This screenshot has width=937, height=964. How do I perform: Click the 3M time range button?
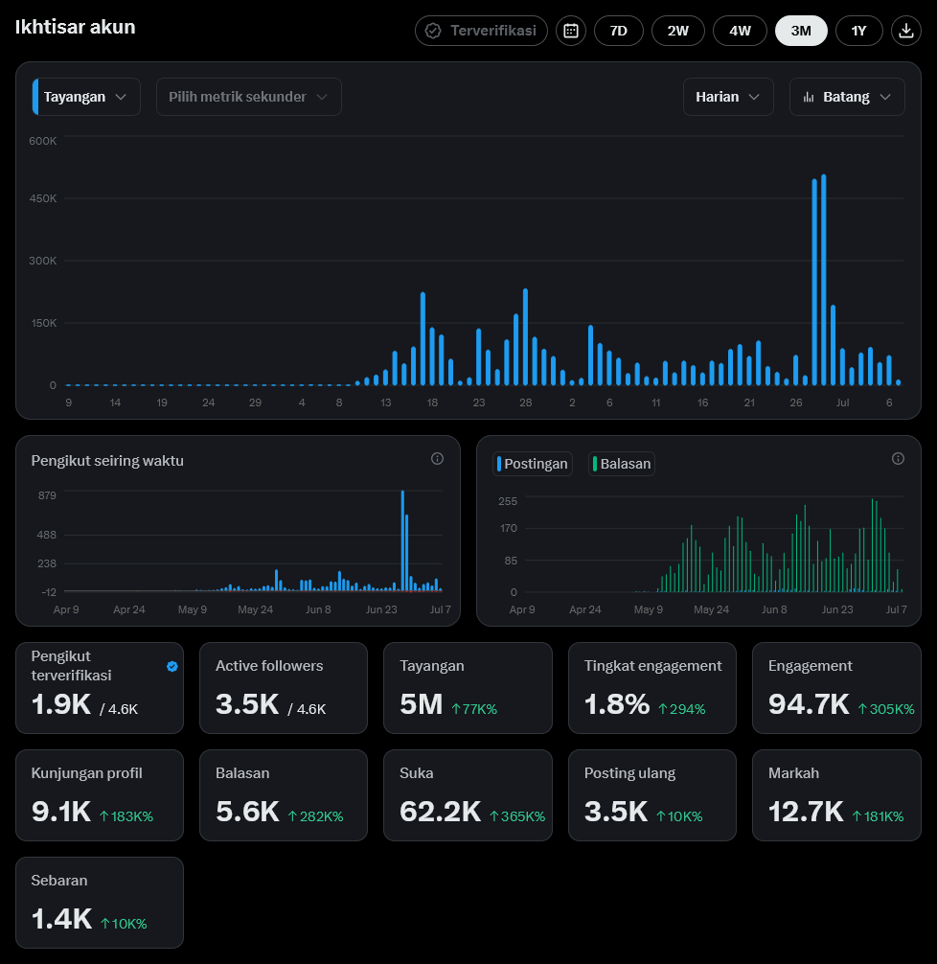coord(801,31)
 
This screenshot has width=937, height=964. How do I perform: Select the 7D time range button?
coord(619,31)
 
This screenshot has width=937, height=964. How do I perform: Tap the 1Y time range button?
coord(858,31)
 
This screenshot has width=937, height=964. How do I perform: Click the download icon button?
coord(905,31)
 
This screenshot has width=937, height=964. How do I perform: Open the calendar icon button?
coord(571,31)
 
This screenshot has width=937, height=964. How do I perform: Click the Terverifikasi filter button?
coord(481,31)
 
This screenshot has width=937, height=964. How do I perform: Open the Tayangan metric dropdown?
coord(86,97)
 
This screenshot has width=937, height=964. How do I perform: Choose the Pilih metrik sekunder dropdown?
coord(248,97)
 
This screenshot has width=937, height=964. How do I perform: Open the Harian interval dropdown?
coord(728,97)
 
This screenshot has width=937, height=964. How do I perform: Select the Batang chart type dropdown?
coord(847,97)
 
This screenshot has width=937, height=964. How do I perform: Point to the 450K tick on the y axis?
coord(42,198)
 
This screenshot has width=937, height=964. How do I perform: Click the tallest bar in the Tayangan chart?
coord(823,280)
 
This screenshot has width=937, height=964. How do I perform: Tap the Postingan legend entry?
coord(533,464)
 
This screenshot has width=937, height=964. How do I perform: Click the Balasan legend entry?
coord(622,464)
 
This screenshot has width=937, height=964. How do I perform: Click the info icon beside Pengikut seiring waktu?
coord(437,459)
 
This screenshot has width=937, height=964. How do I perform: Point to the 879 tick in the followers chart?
coord(47,495)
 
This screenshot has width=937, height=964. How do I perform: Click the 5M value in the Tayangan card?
coord(422,704)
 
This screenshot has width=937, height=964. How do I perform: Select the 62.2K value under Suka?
coord(440,812)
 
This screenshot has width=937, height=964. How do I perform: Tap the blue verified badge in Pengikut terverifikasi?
coord(172,666)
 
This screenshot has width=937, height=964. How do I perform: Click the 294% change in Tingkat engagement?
coord(682,709)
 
